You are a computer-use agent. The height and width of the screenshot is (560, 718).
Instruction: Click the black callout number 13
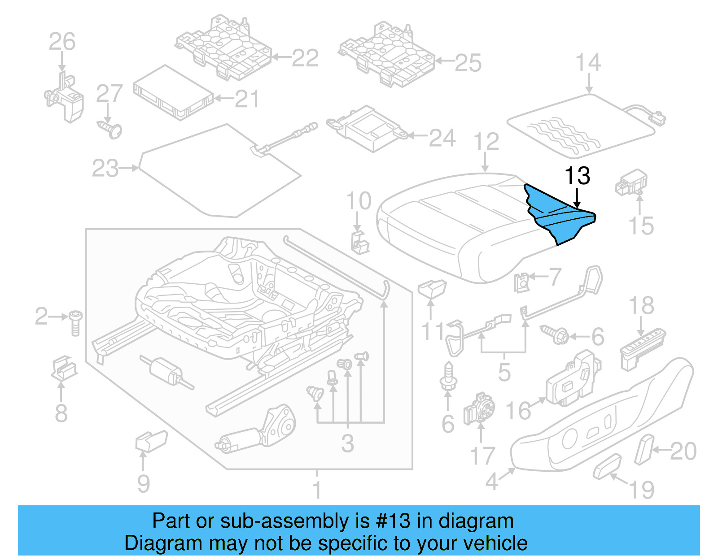[577, 176]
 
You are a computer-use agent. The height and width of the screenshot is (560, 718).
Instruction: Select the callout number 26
[62, 42]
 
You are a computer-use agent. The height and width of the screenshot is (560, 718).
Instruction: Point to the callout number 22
[305, 58]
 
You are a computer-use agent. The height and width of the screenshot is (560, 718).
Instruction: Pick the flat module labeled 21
[173, 94]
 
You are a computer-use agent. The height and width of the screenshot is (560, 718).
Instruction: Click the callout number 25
[468, 63]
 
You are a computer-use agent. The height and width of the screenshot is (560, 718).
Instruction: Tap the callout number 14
[588, 63]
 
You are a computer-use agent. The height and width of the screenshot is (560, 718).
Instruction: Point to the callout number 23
[105, 169]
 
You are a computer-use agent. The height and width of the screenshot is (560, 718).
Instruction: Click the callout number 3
[347, 443]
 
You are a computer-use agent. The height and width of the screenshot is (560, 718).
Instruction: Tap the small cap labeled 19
[607, 466]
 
